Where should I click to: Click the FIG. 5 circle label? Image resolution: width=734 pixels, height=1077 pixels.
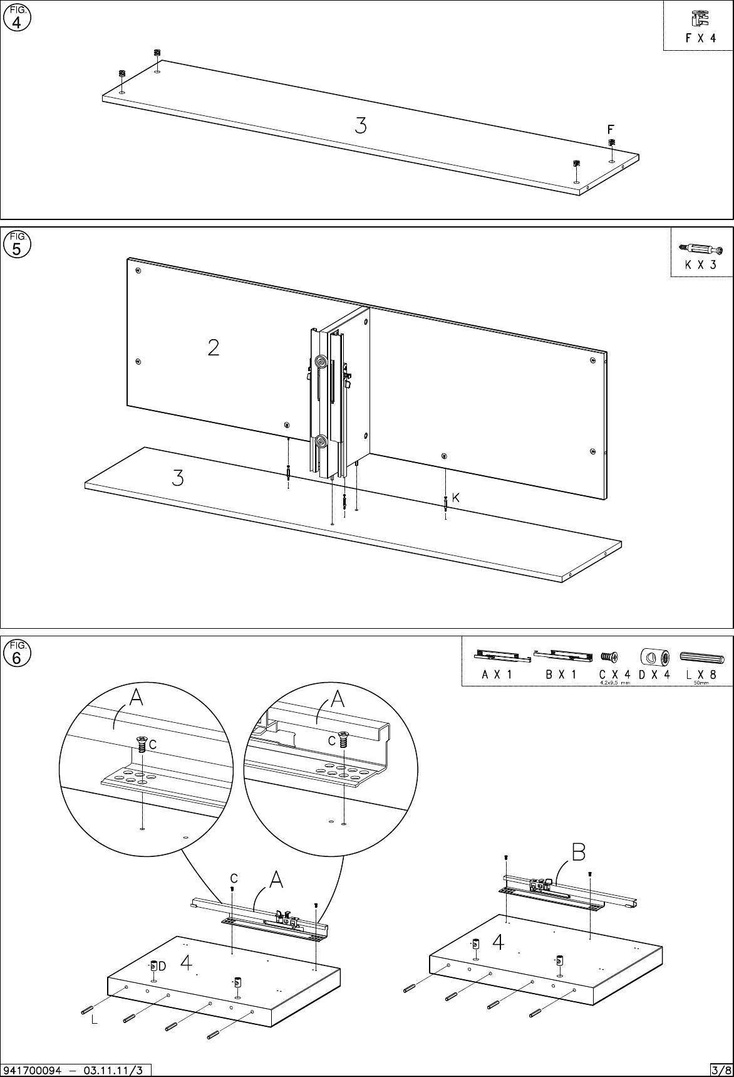coord(17,245)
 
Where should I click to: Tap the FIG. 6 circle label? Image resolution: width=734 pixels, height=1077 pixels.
coord(17,654)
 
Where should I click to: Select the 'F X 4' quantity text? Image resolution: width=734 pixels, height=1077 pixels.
coord(700,38)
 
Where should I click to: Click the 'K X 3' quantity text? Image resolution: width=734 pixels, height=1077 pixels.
coord(700,265)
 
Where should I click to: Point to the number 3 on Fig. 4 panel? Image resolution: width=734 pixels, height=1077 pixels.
coord(360,126)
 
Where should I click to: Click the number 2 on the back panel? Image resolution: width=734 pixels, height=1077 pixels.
coord(214,347)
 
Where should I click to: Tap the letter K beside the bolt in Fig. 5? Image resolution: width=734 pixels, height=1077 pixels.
coord(456,498)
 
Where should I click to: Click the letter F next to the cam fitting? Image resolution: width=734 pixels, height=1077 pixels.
coord(611,129)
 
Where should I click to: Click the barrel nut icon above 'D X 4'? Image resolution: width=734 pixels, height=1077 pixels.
coord(654,657)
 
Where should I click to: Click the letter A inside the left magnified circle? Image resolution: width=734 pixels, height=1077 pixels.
coord(136,698)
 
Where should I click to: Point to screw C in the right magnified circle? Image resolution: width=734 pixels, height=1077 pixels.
coord(343,740)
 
